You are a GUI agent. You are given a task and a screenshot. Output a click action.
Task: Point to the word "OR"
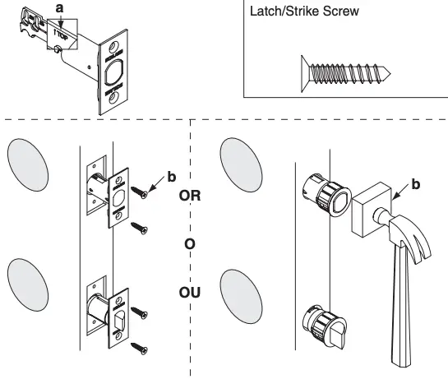pyautogui.click(x=190, y=196)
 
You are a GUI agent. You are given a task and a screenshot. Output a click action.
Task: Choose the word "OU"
pyautogui.click(x=190, y=292)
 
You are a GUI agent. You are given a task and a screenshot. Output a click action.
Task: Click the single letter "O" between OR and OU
pyautogui.click(x=190, y=244)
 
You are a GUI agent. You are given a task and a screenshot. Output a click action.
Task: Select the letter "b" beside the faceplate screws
pyautogui.click(x=171, y=176)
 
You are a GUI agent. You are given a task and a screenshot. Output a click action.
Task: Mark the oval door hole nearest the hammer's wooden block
pyautogui.click(x=242, y=164)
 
